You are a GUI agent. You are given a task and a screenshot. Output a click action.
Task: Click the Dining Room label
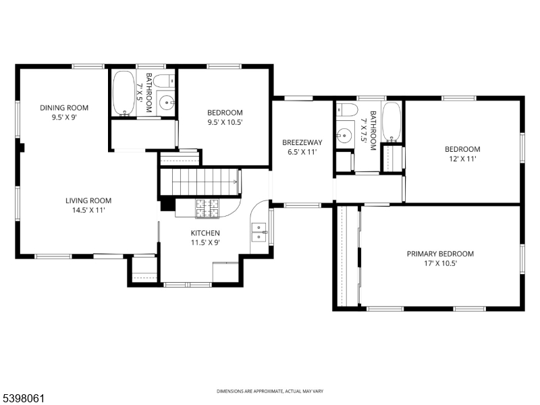tap(64, 107)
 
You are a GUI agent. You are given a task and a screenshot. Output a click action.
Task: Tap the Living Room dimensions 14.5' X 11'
tap(88, 210)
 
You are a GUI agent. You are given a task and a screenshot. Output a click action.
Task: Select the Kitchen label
tap(205, 233)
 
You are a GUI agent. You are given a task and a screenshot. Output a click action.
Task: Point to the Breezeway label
tap(302, 142)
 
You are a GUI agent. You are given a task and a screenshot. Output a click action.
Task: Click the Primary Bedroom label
tap(439, 254)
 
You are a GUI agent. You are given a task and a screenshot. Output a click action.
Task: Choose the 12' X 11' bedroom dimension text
tap(462, 159)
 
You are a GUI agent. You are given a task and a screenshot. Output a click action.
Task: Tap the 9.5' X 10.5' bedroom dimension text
tap(224, 122)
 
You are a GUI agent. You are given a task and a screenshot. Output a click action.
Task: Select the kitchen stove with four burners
tap(207, 209)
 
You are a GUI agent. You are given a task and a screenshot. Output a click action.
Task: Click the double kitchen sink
tap(259, 232)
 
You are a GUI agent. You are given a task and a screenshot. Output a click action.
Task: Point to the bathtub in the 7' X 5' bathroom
tap(124, 93)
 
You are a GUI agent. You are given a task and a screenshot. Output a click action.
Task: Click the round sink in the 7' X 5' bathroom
tap(167, 104)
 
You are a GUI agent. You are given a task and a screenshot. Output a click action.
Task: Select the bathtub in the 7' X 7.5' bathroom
tap(392, 121)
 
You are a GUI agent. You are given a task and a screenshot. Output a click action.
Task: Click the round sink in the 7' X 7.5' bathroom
tap(345, 134)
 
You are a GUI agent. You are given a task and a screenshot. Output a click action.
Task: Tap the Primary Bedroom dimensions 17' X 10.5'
tap(439, 264)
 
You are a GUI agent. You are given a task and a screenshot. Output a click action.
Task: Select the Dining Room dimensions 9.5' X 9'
tap(64, 117)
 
